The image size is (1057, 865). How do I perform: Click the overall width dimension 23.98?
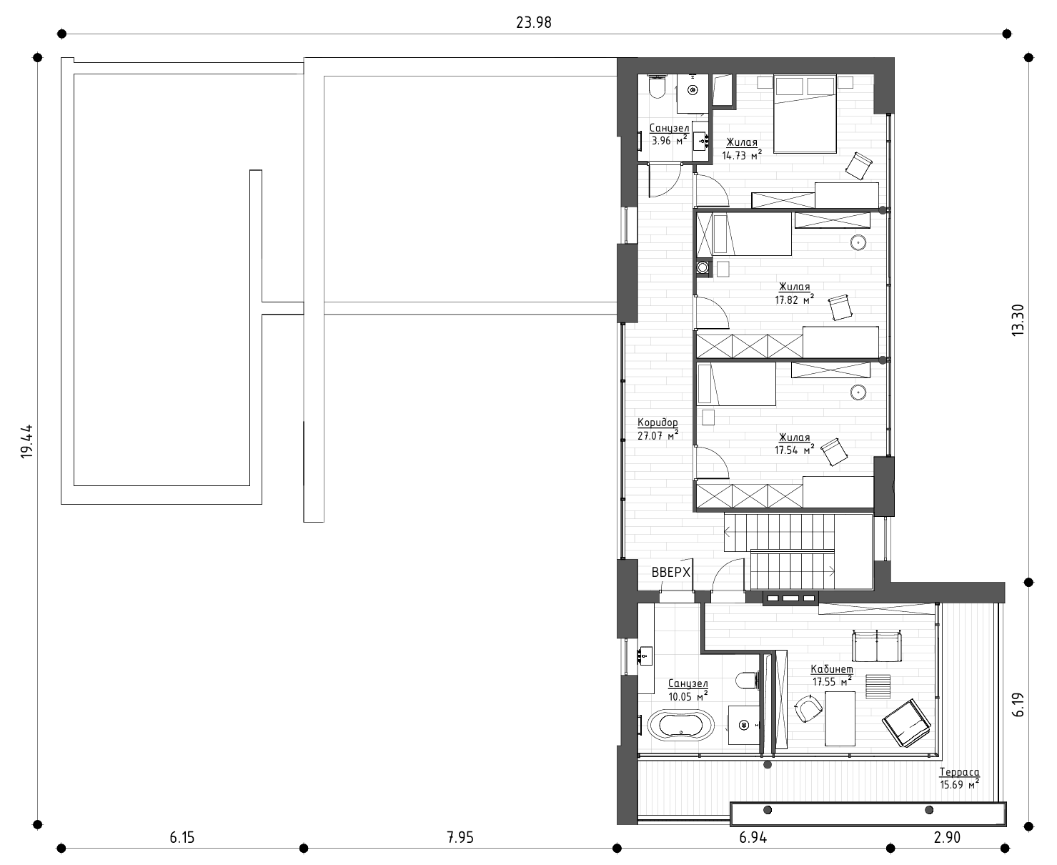click(x=533, y=23)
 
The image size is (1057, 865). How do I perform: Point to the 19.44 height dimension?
click(x=26, y=441)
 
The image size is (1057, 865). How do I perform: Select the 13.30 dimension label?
click(x=1018, y=320)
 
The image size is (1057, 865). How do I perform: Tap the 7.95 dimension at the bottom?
click(x=460, y=837)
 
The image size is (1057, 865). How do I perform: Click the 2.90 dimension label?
click(x=947, y=837)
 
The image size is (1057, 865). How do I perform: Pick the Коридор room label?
click(x=657, y=422)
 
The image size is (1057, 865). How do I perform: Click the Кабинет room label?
click(x=832, y=669)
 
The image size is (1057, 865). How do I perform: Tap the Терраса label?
click(x=959, y=772)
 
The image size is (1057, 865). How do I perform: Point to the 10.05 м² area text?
click(x=688, y=696)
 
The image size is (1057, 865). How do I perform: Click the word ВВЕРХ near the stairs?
click(x=670, y=572)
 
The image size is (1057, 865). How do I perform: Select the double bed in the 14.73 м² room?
click(x=805, y=114)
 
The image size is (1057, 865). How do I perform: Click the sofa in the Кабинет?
click(x=877, y=646)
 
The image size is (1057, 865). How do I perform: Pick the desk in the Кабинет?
click(x=840, y=718)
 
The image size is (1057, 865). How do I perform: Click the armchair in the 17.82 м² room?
click(x=840, y=307)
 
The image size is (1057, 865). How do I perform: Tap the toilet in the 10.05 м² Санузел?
click(x=747, y=681)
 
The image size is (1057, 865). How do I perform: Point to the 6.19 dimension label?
click(x=1018, y=705)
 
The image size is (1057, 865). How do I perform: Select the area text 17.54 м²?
click(x=795, y=450)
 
